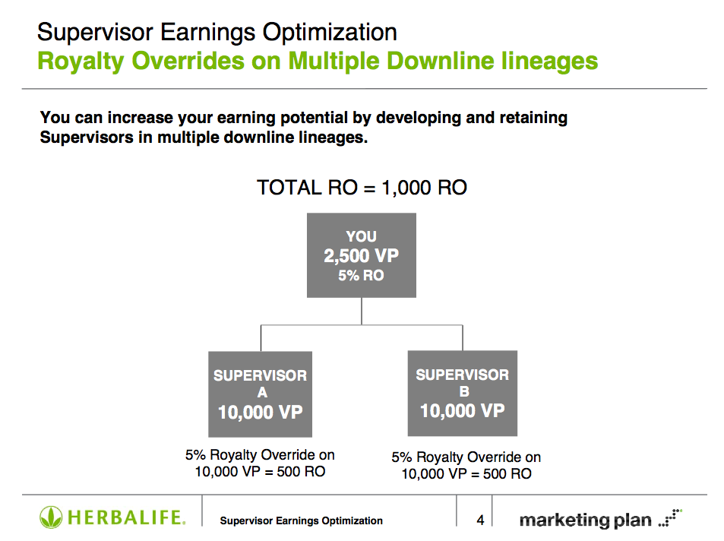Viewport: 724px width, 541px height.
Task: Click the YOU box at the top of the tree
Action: pyautogui.click(x=362, y=255)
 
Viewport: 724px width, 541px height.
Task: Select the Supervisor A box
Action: pyautogui.click(x=260, y=394)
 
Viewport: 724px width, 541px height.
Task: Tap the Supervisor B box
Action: pyautogui.click(x=462, y=393)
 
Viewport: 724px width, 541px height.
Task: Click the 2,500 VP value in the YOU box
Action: pyautogui.click(x=361, y=255)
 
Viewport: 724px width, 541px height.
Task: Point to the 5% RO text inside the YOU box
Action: pyautogui.click(x=361, y=275)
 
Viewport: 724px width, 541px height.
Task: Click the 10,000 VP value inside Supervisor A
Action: pyautogui.click(x=260, y=412)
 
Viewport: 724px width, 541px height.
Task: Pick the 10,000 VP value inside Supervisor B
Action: pyautogui.click(x=462, y=411)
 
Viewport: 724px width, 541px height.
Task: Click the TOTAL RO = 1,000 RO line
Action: pyautogui.click(x=362, y=188)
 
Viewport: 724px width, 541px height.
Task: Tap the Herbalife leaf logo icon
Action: pyautogui.click(x=51, y=517)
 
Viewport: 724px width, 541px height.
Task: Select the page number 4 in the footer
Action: pyautogui.click(x=480, y=520)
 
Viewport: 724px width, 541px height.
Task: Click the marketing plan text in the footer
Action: pyautogui.click(x=585, y=520)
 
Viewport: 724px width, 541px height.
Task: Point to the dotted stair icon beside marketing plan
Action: pyautogui.click(x=670, y=517)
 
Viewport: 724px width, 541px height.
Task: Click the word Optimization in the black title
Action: pyautogui.click(x=330, y=33)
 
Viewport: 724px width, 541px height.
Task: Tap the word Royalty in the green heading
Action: pyautogui.click(x=81, y=62)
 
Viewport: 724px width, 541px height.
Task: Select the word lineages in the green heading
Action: pyautogui.click(x=549, y=62)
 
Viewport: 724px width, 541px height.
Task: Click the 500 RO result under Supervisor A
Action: pyautogui.click(x=301, y=472)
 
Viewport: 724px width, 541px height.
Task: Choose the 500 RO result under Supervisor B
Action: pyautogui.click(x=507, y=474)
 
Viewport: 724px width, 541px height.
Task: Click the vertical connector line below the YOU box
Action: pyautogui.click(x=362, y=311)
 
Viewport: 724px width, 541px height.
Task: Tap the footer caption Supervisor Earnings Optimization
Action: pyautogui.click(x=301, y=520)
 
